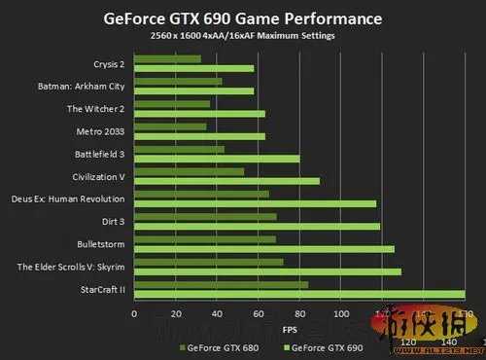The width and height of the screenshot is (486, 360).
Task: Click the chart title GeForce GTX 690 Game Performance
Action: [242, 18]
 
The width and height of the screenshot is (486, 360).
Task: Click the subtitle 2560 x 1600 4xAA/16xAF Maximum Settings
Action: [242, 36]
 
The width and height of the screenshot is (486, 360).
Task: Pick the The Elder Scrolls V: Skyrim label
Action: [71, 266]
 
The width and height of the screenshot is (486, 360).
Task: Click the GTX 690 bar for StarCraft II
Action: [299, 295]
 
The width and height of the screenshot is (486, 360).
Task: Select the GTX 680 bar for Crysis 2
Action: [167, 59]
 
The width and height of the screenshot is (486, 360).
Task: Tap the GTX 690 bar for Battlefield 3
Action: [217, 158]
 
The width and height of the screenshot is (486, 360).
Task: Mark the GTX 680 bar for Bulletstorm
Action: [205, 239]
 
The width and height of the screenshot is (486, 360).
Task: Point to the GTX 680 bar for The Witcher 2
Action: [172, 104]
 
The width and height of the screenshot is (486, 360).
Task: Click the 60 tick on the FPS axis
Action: [258, 313]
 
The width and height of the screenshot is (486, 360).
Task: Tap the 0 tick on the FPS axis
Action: [134, 313]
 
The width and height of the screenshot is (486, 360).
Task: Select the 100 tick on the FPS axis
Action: [340, 313]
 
